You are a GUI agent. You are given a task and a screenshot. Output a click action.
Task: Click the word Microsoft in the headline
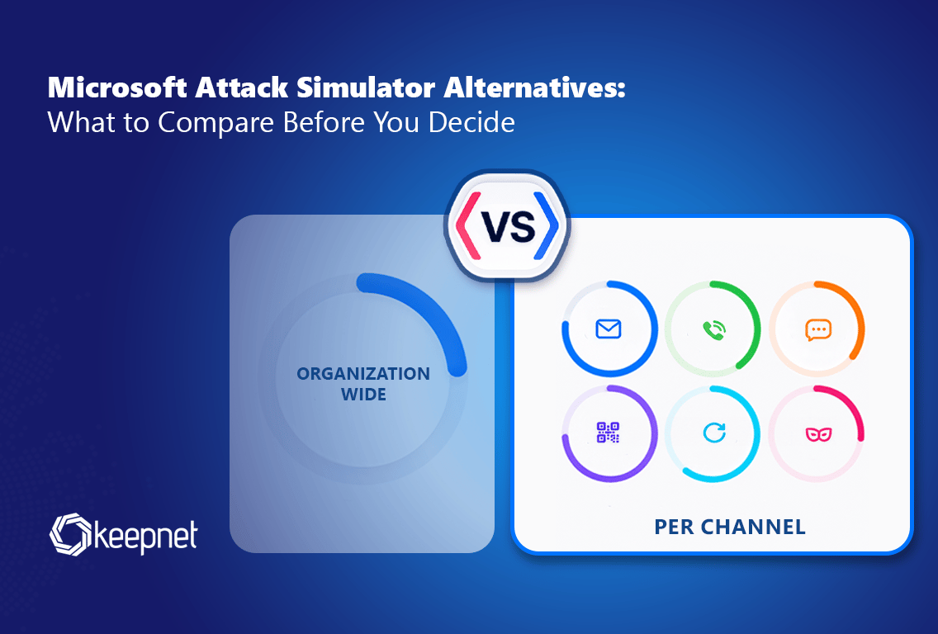117,88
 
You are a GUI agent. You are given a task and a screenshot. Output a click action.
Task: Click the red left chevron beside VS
468,226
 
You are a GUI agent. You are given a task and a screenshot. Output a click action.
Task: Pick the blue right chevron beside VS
546,226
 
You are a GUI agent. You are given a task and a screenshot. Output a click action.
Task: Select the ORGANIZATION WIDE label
363,384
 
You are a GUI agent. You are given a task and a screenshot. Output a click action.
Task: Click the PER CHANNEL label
730,527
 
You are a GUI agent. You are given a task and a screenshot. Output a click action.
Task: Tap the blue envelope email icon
609,329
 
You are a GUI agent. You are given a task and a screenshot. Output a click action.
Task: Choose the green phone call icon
713,329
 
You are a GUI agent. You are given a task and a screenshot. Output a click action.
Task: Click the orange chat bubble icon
818,329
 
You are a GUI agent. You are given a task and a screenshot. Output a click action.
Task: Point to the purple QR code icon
609,433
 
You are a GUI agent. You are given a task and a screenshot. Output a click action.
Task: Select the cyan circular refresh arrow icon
713,433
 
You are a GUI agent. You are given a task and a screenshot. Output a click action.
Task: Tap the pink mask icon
818,433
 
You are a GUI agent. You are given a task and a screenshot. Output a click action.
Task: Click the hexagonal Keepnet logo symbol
70,534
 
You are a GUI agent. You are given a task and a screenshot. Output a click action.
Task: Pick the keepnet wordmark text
145,537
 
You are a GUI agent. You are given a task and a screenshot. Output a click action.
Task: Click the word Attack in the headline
242,88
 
